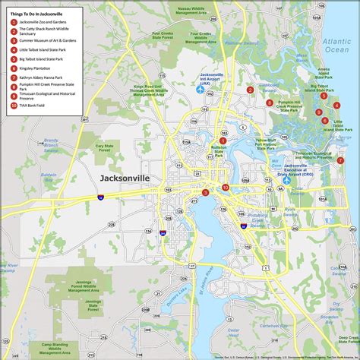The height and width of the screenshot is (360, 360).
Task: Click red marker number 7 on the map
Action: [x=340, y=160]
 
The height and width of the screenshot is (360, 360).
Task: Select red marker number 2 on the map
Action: [x=250, y=90]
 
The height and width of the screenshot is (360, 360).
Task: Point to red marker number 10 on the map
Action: [x=226, y=188]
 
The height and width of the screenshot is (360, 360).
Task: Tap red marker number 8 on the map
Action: [x=269, y=103]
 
